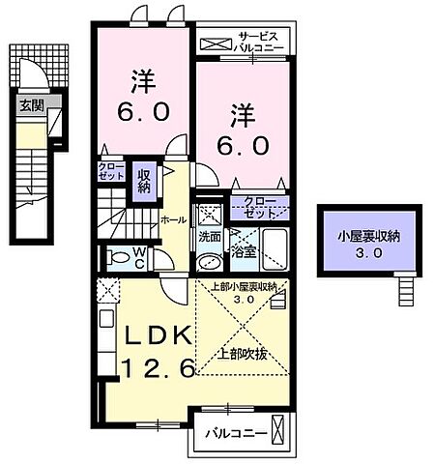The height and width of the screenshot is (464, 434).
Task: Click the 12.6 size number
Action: pos(159,366)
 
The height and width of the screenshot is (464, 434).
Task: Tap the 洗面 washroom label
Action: pos(210,236)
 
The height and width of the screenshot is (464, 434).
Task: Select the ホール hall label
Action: pos(174,220)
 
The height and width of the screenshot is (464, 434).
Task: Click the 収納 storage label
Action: pos(144,181)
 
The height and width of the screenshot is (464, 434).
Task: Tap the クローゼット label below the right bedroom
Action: pos(256,207)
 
